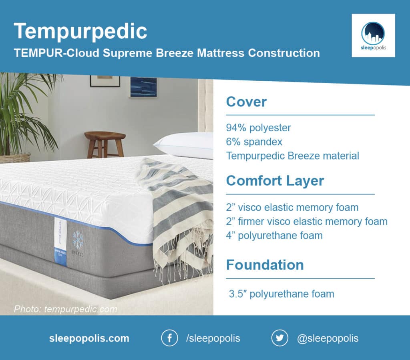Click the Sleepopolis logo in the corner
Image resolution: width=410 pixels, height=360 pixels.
click(x=373, y=36)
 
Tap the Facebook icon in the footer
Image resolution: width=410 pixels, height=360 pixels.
click(x=169, y=338)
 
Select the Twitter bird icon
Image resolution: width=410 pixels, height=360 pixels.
click(x=279, y=338)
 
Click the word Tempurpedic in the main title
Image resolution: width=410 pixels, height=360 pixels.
click(x=80, y=31)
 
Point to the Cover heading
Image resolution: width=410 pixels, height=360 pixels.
click(x=246, y=102)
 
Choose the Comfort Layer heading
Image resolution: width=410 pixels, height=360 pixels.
click(x=275, y=181)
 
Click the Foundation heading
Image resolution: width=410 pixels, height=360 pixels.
click(x=265, y=265)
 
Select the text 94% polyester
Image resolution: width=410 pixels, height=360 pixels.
click(x=258, y=128)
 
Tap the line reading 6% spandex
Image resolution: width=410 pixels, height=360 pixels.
click(x=254, y=142)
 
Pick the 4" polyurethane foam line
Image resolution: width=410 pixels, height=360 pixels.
click(x=274, y=236)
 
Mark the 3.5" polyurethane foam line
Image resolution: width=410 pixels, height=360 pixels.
click(x=281, y=294)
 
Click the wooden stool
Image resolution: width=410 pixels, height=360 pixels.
click(x=105, y=144)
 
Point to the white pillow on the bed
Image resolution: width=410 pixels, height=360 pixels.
click(x=183, y=145)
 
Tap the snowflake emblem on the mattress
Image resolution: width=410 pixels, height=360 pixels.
click(x=78, y=240)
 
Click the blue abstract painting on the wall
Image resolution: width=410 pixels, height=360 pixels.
click(x=144, y=87)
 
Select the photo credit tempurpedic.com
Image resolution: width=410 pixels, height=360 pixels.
click(x=66, y=309)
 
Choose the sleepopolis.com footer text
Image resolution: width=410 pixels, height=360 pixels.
click(x=89, y=338)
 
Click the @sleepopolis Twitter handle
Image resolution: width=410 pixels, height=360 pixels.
click(x=328, y=338)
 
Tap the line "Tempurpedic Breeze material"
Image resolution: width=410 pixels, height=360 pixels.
click(x=293, y=156)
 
